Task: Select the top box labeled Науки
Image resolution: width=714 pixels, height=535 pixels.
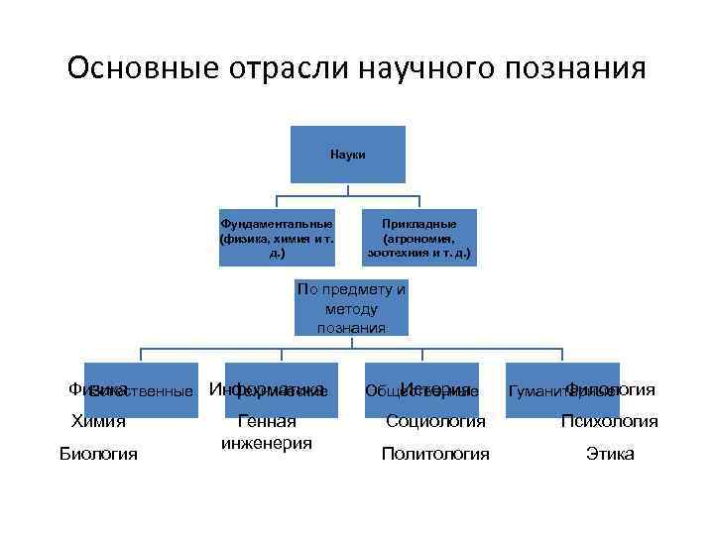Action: [347, 155]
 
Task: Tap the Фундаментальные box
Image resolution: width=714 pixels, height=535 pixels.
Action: [277, 238]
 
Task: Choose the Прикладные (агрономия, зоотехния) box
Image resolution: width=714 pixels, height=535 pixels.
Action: [419, 238]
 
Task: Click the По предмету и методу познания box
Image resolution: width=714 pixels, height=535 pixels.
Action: [351, 309]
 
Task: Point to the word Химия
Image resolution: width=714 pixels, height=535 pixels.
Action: [98, 421]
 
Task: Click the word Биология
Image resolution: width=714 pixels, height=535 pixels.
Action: [98, 454]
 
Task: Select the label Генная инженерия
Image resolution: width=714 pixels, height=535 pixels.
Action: [268, 432]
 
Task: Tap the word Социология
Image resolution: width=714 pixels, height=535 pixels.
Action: [435, 421]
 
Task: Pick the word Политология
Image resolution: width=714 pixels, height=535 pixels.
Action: [435, 454]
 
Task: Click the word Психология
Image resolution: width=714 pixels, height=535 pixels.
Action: [609, 421]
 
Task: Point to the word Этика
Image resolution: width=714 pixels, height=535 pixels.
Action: [610, 454]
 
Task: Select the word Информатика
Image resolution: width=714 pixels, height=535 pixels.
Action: [268, 388]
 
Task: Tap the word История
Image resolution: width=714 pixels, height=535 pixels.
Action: [436, 388]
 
